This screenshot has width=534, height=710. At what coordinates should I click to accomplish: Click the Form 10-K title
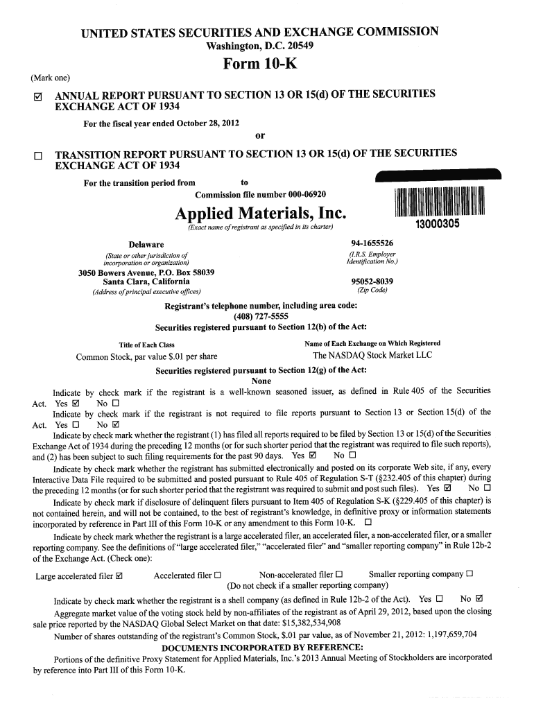[x=260, y=65]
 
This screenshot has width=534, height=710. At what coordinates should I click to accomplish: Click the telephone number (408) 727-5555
[x=260, y=317]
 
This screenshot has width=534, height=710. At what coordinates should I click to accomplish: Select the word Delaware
[x=146, y=245]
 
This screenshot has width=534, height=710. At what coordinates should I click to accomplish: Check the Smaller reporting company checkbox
[x=470, y=573]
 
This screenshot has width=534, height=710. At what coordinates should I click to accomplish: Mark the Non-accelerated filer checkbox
[x=339, y=574]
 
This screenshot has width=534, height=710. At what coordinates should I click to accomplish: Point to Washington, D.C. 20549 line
[x=260, y=46]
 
